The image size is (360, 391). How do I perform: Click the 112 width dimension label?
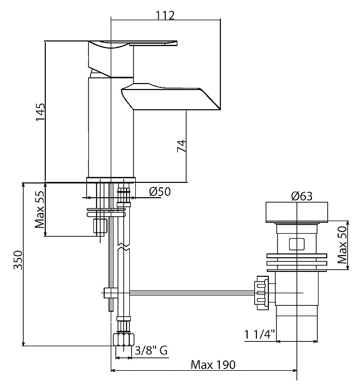pos(165,15)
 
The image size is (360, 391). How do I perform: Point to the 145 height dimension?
pos(40,112)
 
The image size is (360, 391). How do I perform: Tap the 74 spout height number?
pos(182,146)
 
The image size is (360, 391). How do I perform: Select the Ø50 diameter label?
pos(160,192)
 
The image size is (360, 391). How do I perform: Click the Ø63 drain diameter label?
pos(302,196)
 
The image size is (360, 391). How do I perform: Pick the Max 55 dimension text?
pos(40,210)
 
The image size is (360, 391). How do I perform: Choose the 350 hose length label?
pos(18,260)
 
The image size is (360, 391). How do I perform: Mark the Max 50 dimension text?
pos(342,245)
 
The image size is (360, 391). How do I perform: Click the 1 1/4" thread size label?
pos(259,335)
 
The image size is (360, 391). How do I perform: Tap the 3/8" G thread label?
pos(151,351)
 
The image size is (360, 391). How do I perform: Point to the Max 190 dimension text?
pos(213,365)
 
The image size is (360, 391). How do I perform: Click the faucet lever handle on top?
pos(133,44)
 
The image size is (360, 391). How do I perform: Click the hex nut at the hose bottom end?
pos(124,339)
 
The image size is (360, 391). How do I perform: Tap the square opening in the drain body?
pos(297,244)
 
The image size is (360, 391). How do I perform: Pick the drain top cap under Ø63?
pos(297,212)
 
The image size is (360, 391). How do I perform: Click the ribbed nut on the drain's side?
pos(261,293)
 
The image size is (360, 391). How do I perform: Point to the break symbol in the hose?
pos(124,246)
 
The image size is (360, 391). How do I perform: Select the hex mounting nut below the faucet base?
pos(100,226)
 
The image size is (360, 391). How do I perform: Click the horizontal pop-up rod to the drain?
pos(192,293)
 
